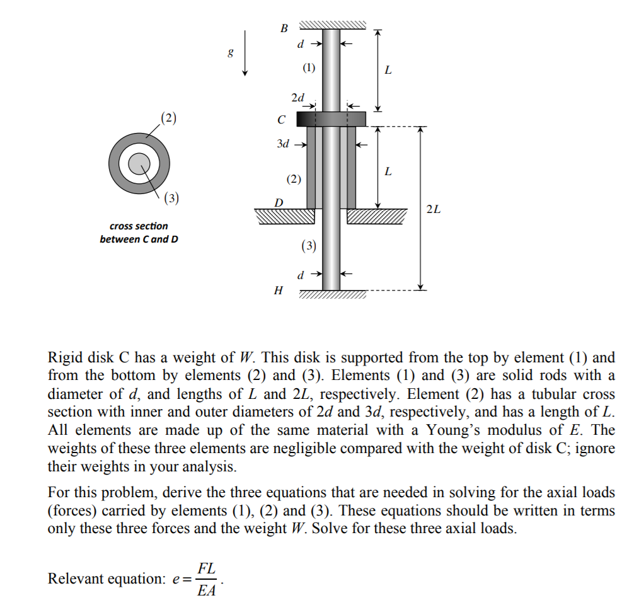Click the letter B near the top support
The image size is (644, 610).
pos(284,28)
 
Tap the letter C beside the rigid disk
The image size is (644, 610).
pos(281,119)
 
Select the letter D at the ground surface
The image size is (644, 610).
pos(278,202)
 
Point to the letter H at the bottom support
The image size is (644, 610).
pos(278,291)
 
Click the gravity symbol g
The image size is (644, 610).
pos(231,54)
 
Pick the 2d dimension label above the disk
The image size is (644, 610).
pos(297,98)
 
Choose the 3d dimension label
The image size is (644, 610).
pos(284,144)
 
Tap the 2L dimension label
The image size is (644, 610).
pos(434,209)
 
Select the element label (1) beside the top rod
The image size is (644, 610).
pos(309,68)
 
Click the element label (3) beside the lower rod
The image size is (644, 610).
pos(309,245)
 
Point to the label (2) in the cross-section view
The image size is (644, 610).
pos(169,117)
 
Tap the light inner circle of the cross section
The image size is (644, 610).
pos(137,163)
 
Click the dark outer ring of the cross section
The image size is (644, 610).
pos(116,163)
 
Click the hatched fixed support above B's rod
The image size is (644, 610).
pos(332,25)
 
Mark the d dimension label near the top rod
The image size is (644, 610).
pos(301,44)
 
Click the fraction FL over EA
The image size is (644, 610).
pos(206,578)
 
